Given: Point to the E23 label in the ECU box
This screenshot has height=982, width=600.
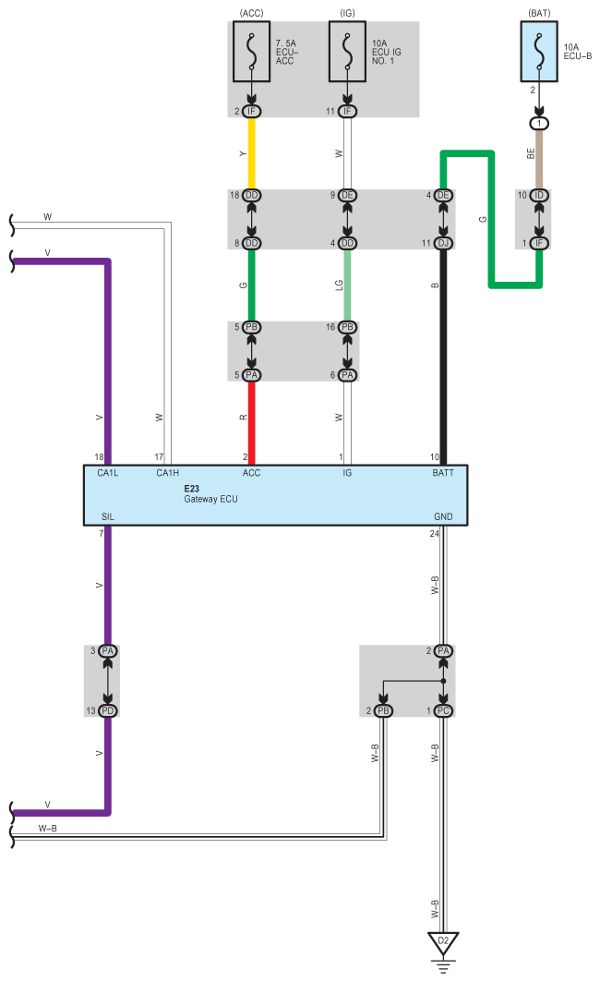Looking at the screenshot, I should click(x=192, y=487).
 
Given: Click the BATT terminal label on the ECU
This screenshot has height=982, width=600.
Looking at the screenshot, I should click(x=443, y=473).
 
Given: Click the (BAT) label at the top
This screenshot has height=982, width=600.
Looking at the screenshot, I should click(x=540, y=14).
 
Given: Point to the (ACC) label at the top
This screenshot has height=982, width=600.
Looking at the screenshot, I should click(x=251, y=14).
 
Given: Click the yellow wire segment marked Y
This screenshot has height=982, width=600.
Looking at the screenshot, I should click(x=251, y=153).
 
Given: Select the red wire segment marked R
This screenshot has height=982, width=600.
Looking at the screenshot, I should click(x=251, y=420).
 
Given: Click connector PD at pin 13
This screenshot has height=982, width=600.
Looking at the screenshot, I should click(x=108, y=710).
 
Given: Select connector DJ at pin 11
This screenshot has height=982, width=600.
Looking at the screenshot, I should click(x=443, y=243).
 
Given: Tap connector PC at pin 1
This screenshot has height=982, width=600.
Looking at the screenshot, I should click(x=443, y=710).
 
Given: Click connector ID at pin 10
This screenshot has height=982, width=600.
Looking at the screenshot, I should click(x=540, y=196).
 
